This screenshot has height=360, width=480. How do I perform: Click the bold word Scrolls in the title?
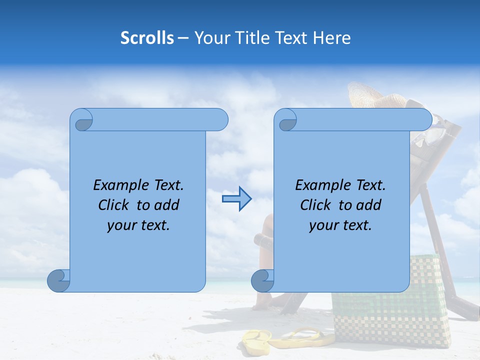click(x=147, y=38)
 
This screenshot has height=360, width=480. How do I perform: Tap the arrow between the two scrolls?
click(x=236, y=199)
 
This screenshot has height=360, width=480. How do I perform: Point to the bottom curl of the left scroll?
click(x=58, y=280)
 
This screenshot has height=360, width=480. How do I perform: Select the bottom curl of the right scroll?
click(x=262, y=280)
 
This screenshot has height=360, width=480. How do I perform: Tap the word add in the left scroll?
click(x=167, y=205)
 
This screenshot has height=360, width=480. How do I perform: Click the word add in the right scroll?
click(x=369, y=205)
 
